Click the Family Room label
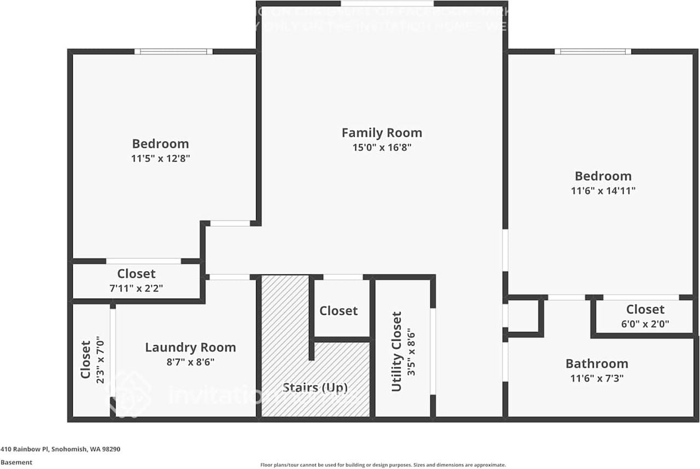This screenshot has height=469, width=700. click(382, 132)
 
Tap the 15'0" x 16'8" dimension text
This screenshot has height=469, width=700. click(382, 148)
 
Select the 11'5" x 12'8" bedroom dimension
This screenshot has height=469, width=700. click(160, 159)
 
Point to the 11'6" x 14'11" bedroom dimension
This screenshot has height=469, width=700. click(603, 191)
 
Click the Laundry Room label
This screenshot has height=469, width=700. click(190, 347)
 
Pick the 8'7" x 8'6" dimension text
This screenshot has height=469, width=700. click(190, 362)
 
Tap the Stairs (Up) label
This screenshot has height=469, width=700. click(315, 388)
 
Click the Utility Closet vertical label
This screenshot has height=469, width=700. click(396, 351)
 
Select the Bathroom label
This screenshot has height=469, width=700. click(597, 364)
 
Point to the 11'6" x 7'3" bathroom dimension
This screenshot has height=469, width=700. click(597, 378)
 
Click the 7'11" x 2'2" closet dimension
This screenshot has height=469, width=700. click(136, 288)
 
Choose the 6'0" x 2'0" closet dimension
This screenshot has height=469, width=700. click(645, 323)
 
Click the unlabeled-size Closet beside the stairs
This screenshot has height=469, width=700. click(339, 310)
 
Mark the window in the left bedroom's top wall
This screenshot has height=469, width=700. click(173, 52)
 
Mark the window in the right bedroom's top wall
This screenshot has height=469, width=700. click(593, 52)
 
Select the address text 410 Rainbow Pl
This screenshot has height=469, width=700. click(60, 449)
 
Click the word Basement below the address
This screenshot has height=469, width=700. click(16, 462)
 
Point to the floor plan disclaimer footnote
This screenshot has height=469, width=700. click(383, 464)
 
